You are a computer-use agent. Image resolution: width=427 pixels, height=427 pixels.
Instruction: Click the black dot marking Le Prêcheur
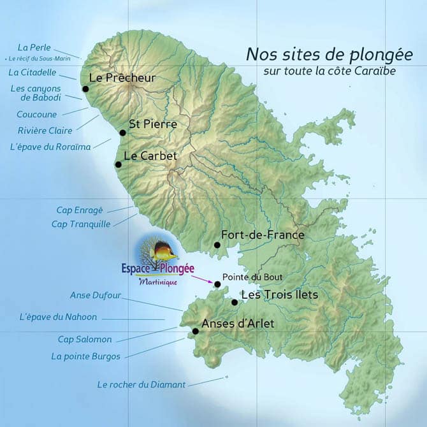click(85, 89)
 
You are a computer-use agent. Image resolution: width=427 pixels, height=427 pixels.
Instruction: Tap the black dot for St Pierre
click(122, 133)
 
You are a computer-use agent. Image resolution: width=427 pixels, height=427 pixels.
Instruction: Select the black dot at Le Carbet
click(118, 164)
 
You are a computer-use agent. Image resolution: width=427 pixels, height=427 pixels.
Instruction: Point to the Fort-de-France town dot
click(217, 245)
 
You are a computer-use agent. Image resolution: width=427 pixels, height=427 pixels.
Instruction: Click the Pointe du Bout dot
click(217, 284)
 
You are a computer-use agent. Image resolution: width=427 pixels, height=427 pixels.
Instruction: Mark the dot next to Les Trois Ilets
click(235, 302)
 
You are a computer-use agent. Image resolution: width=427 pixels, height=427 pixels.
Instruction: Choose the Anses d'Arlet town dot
click(195, 331)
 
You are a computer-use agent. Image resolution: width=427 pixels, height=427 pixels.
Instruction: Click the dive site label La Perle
click(34, 47)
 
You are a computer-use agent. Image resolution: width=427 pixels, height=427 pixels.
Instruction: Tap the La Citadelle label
click(33, 73)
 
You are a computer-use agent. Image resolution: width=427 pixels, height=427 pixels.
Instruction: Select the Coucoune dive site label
click(36, 115)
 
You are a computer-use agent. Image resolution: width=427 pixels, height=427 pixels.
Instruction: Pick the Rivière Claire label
click(45, 131)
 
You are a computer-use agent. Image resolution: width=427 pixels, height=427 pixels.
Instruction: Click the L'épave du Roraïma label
click(50, 146)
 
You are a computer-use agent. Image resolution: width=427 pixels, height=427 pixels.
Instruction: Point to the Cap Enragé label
click(80, 210)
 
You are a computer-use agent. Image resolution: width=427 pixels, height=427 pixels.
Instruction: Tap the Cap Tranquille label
click(81, 224)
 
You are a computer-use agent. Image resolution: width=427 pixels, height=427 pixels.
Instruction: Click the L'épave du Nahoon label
click(58, 317)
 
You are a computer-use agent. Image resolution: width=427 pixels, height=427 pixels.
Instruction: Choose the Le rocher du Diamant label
click(141, 384)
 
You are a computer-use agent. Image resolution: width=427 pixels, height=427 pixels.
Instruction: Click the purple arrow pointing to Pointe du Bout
click(203, 279)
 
